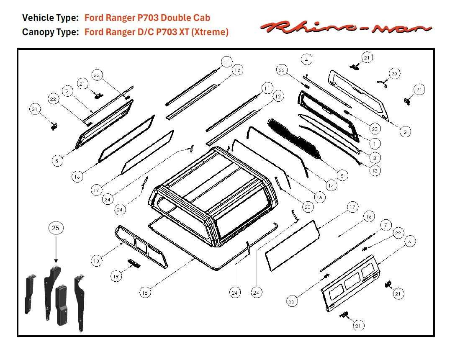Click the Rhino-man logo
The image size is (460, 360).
(346, 28)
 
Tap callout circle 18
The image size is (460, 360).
(145, 293)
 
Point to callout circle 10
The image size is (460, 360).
(97, 260)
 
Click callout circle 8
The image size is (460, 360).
(57, 160)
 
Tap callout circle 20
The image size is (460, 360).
(394, 74)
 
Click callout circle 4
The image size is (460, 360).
(306, 60)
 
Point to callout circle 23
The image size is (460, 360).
(308, 206)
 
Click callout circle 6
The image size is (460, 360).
(410, 242)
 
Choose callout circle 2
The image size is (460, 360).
(404, 131)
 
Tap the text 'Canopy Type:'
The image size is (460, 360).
(50, 32)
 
